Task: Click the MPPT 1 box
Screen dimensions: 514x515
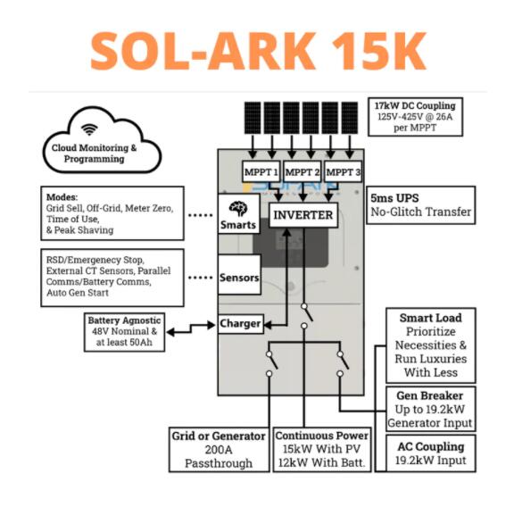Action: pos(261,171)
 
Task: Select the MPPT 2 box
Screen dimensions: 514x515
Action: pos(302,171)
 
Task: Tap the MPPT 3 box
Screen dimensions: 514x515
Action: pos(343,171)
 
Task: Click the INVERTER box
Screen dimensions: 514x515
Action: pos(303,215)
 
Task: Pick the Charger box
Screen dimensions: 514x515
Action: pos(240,324)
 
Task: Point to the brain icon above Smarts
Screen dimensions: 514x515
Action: pos(238,209)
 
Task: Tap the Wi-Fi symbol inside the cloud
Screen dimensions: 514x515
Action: pos(89,129)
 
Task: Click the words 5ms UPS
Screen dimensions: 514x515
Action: pos(394,198)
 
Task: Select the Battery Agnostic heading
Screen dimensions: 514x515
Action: pos(124,320)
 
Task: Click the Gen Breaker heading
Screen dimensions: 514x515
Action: pos(429,395)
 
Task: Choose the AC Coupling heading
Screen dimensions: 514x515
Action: pos(431,446)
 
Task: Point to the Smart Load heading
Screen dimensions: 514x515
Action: pos(431,318)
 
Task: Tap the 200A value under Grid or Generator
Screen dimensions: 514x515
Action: pos(219,450)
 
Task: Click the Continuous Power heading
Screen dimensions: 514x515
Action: pos(322,436)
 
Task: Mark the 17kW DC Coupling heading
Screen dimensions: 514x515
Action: pos(415,105)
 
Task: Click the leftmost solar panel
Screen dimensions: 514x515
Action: pos(253,118)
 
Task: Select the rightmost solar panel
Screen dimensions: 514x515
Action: pos(350,118)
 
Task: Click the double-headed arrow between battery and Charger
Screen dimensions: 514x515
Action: pos(191,328)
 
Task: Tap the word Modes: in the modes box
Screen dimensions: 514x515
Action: pos(62,197)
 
